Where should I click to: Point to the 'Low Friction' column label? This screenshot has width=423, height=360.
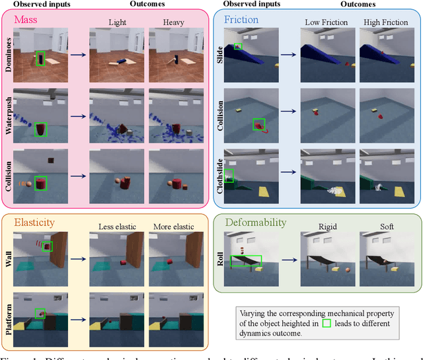point(325,23)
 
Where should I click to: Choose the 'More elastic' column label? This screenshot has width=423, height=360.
point(173,227)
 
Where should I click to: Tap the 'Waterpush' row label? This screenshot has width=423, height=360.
point(10,119)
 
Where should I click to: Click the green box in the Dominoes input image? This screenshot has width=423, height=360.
point(41,59)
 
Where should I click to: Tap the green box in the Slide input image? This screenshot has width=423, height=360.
point(238,46)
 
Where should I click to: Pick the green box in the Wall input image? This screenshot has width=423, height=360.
point(47,246)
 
